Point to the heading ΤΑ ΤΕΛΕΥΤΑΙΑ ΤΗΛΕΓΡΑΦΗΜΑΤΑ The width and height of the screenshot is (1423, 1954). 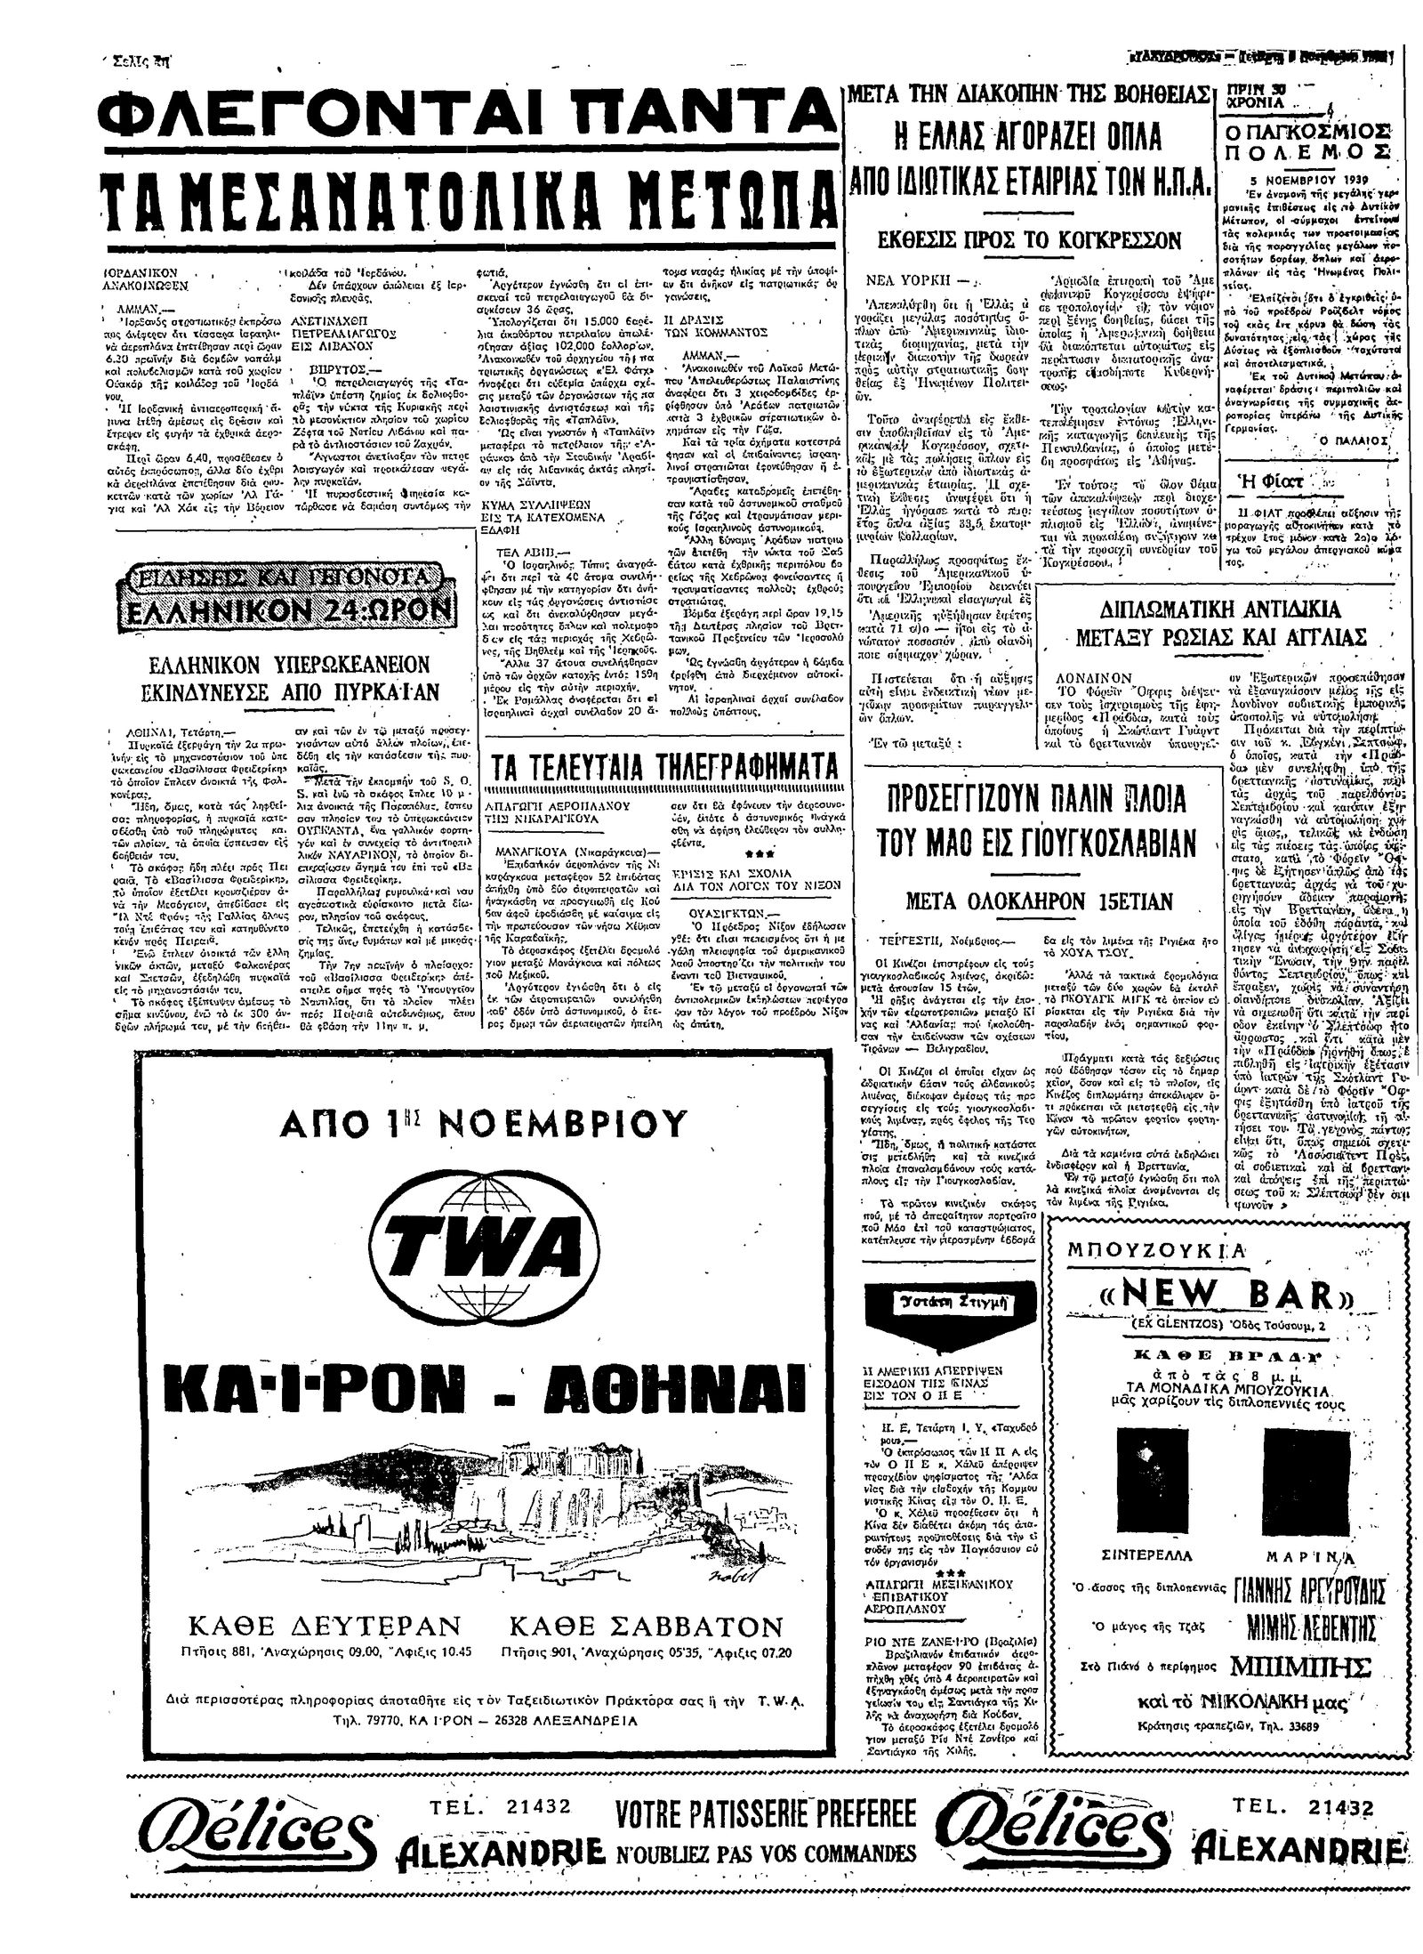pyautogui.click(x=663, y=768)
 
